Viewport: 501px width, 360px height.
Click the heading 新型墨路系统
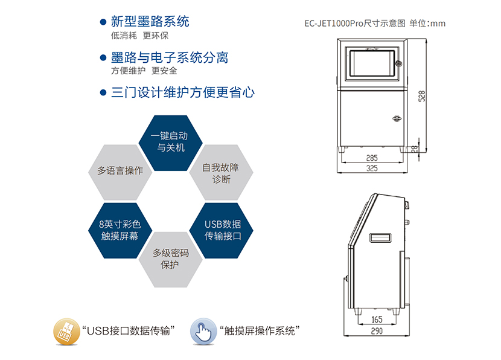pyautogui.click(x=150, y=22)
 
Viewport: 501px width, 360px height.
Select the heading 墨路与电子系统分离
pyautogui.click(x=170, y=58)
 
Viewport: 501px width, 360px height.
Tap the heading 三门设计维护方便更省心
pyautogui.click(x=183, y=92)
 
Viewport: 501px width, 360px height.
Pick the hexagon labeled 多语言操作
pyautogui.click(x=120, y=170)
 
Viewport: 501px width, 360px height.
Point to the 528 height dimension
pyautogui.click(x=422, y=96)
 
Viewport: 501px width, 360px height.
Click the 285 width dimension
pyautogui.click(x=372, y=158)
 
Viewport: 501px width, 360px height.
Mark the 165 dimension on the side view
pyautogui.click(x=377, y=320)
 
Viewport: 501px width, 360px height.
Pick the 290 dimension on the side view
pyautogui.click(x=377, y=330)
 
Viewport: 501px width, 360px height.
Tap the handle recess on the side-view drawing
pyautogui.click(x=381, y=236)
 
